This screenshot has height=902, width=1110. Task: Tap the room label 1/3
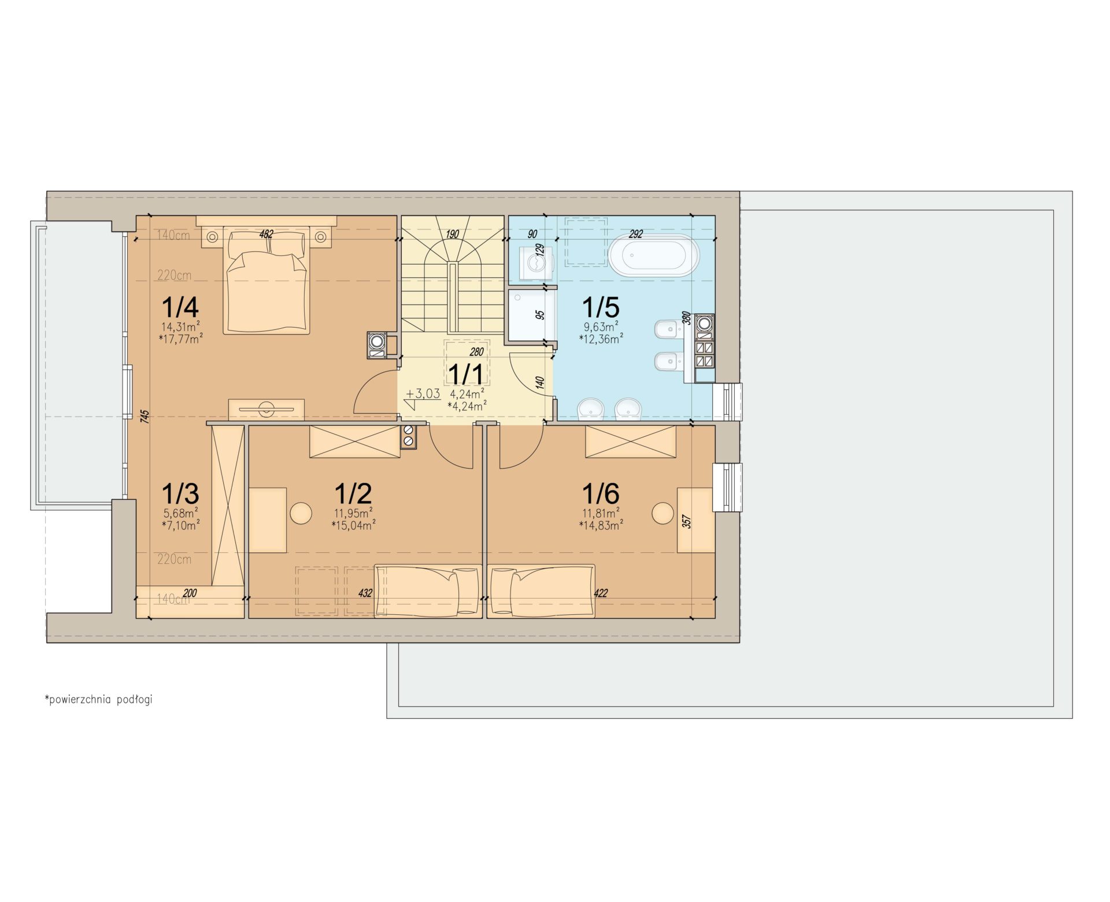coord(180,493)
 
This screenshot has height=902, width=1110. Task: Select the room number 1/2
coord(353,493)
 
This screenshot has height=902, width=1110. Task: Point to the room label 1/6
coord(601,493)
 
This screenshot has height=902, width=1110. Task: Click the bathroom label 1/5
coord(601,307)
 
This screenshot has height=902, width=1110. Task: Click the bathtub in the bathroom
coord(653,255)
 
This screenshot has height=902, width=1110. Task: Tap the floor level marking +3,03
coord(423,394)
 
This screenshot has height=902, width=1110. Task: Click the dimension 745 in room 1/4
coord(145,417)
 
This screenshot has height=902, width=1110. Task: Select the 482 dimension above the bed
coord(266,235)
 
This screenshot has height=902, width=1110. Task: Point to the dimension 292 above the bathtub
coord(635,234)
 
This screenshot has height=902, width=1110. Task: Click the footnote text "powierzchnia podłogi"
coord(101,700)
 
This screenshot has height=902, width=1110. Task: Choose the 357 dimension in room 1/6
coord(687,522)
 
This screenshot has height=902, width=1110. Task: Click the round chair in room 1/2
coord(301,513)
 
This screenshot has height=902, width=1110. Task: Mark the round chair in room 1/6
coord(663,513)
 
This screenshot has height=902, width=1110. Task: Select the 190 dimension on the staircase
coord(452,234)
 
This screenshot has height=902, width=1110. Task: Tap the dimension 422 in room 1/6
coord(601,593)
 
